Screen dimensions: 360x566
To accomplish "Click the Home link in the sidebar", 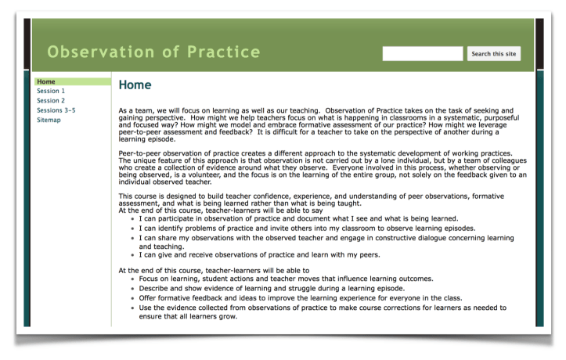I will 46,81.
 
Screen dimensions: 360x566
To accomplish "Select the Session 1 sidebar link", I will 51,91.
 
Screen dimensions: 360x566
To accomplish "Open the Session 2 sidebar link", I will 51,100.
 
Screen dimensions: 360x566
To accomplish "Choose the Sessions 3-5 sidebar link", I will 56,110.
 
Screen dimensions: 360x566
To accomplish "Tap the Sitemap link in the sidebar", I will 49,120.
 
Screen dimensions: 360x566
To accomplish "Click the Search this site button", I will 493,54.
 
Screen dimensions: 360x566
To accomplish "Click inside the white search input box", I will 422,54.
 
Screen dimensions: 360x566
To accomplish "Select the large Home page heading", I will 135,85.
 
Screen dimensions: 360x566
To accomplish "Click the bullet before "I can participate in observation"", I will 134,218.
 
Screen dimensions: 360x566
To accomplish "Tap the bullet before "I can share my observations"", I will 134,237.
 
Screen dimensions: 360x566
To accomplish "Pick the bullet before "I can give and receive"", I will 134,255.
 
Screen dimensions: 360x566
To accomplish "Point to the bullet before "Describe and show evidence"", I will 134,289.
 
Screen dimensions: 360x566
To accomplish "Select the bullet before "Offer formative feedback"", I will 134,298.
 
